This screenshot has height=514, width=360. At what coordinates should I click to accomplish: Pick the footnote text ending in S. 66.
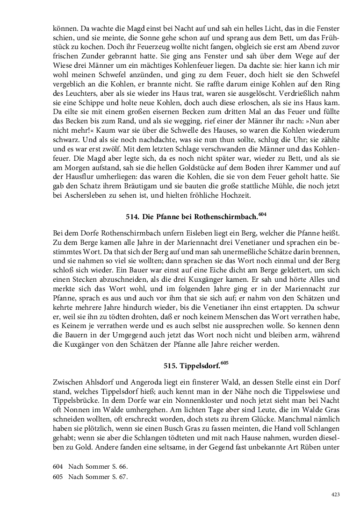pos(98,467)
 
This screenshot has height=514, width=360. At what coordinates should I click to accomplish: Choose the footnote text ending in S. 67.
pos(98,477)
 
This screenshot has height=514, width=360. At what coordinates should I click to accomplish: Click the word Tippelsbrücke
pos(74,400)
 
